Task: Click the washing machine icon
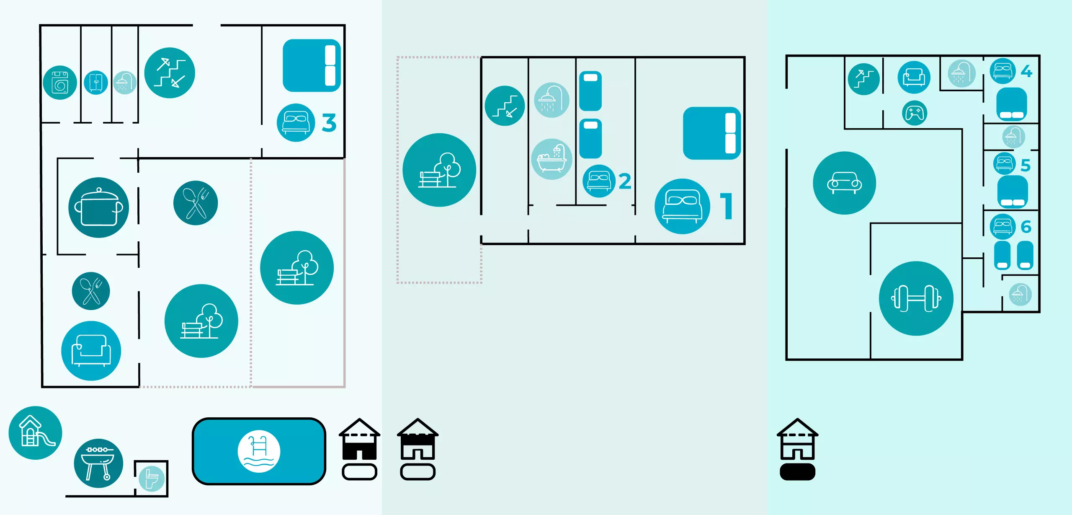(x=60, y=83)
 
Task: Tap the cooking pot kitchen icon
(x=99, y=207)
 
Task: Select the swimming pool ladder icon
(x=258, y=451)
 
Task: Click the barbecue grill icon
(x=98, y=463)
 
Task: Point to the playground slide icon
(x=35, y=432)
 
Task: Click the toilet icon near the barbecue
(x=152, y=479)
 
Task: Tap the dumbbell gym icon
(x=916, y=298)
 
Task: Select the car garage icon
(x=844, y=183)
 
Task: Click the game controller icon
(x=914, y=113)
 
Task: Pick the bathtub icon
(x=551, y=159)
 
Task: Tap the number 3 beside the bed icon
(x=329, y=123)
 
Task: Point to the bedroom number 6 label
(x=1026, y=227)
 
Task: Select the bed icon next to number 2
(x=599, y=181)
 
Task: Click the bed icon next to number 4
(x=1002, y=71)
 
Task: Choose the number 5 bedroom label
(x=1026, y=166)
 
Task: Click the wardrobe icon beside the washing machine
(x=96, y=83)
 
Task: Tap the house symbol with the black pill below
(x=797, y=448)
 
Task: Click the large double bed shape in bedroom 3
(x=312, y=65)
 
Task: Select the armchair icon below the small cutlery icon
(x=91, y=351)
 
